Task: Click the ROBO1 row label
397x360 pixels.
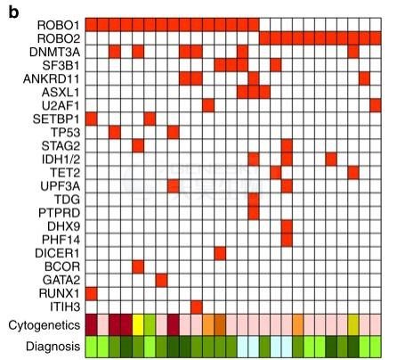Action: point(58,25)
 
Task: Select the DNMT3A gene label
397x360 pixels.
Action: point(54,52)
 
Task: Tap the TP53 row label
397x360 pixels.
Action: point(65,132)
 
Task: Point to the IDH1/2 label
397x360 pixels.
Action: point(61,160)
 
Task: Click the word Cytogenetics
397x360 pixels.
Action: point(45,325)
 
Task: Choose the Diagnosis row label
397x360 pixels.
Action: point(53,347)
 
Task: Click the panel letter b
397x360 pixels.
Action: point(13,12)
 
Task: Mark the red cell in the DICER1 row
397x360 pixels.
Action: point(220,253)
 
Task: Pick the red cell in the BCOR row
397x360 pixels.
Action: point(138,266)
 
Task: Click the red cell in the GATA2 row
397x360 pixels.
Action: point(161,280)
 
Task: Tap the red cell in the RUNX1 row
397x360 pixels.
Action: point(92,293)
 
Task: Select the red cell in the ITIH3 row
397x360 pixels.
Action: point(197,307)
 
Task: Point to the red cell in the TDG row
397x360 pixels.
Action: point(254,200)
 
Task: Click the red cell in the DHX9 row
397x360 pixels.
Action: point(287,226)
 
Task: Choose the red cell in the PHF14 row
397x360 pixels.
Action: point(287,240)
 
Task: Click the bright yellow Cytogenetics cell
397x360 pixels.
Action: point(138,325)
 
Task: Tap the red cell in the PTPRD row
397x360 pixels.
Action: point(254,213)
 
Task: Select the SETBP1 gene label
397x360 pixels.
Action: point(56,119)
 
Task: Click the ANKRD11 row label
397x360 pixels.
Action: point(52,79)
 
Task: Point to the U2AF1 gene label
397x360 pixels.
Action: point(61,105)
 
